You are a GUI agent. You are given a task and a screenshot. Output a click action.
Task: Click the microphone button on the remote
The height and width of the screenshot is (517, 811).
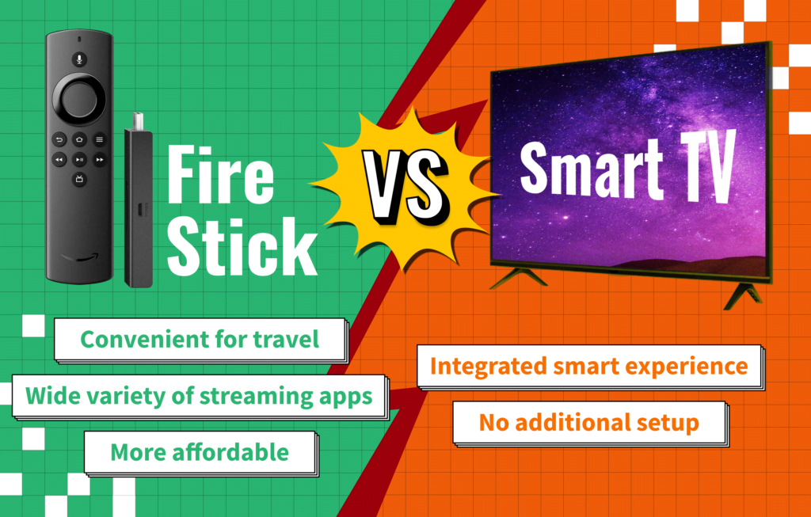(x=79, y=59)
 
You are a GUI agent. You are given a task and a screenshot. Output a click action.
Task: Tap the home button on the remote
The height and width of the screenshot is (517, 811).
(x=79, y=139)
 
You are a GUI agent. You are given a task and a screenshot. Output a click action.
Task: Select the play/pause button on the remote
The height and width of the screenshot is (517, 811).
(x=79, y=159)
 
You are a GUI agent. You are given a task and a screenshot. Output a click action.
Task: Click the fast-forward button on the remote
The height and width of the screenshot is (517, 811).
(x=100, y=159)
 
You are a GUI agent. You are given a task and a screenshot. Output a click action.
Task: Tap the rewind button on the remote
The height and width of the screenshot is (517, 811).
(x=59, y=159)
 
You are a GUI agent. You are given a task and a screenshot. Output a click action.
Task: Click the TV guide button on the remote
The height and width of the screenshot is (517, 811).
(x=79, y=180)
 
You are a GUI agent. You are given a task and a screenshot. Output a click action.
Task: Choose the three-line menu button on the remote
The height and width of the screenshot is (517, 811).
(x=100, y=139)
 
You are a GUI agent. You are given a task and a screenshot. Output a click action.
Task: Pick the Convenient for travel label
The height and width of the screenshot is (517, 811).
(x=200, y=340)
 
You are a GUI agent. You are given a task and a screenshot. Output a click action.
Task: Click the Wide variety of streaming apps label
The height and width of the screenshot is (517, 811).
(x=199, y=395)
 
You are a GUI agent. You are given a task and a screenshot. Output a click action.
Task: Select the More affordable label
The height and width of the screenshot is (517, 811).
(x=200, y=452)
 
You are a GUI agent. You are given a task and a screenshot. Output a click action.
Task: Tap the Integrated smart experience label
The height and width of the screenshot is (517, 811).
(x=588, y=366)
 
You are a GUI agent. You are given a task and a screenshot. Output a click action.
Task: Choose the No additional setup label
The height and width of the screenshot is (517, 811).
(x=588, y=422)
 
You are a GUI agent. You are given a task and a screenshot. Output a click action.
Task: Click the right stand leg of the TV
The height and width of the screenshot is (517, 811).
(x=742, y=294)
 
